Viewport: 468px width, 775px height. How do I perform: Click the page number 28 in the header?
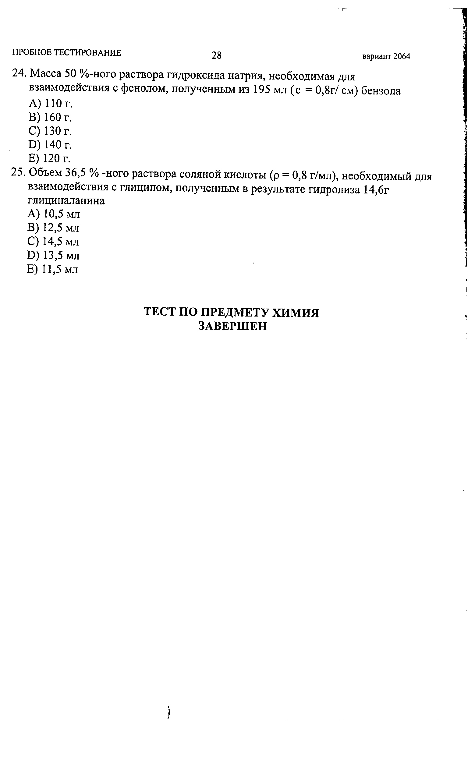point(216,55)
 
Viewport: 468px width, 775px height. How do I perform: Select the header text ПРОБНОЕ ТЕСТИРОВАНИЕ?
point(67,52)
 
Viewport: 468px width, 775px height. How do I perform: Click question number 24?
point(18,73)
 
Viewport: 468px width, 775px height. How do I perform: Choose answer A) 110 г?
point(51,103)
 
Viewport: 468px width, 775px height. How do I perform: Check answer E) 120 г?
point(49,158)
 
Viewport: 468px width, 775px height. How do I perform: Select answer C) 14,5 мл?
point(53,241)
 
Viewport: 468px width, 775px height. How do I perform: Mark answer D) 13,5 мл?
point(53,255)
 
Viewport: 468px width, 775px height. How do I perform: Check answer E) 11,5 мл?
point(52,269)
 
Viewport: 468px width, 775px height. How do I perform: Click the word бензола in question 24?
point(381,91)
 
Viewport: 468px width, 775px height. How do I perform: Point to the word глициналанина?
point(66,201)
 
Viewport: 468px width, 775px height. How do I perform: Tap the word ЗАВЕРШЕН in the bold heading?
point(232,326)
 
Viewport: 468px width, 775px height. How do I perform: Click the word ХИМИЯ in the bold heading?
point(295,313)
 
